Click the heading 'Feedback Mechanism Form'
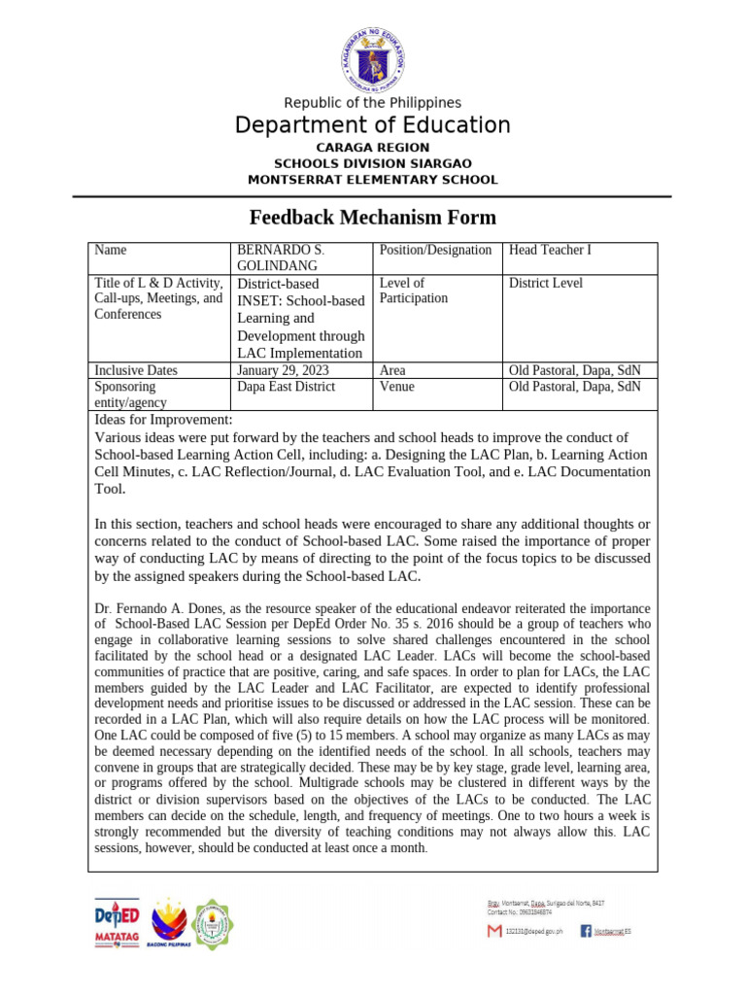click(x=373, y=218)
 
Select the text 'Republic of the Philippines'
click(x=372, y=103)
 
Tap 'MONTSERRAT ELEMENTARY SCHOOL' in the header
click(x=372, y=180)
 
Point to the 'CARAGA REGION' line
click(x=372, y=147)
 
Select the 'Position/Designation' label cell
click(x=435, y=251)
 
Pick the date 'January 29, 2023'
click(x=284, y=370)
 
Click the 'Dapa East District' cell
click(x=286, y=387)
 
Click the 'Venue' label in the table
click(x=397, y=387)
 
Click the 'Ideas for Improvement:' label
click(x=163, y=420)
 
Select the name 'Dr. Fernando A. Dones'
click(x=153, y=609)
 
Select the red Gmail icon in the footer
click(x=494, y=931)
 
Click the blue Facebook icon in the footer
click(x=586, y=931)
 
